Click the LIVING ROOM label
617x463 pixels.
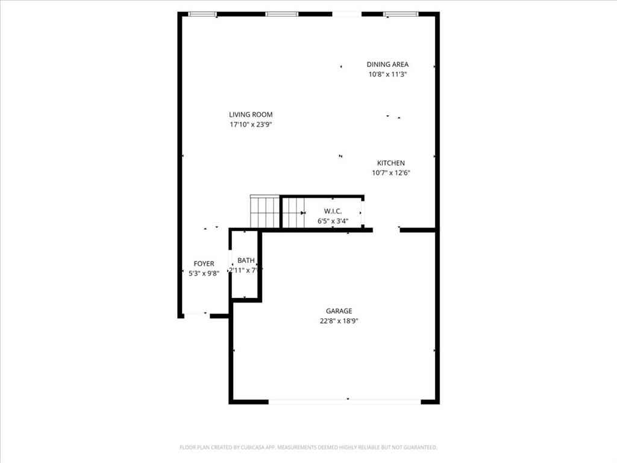251,115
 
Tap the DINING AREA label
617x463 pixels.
387,65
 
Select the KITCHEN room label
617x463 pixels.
391,163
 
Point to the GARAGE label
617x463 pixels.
339,311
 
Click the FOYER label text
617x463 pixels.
204,264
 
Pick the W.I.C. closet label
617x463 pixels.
333,211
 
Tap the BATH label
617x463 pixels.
246,260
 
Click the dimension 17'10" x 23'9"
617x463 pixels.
251,125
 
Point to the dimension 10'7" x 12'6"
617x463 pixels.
391,173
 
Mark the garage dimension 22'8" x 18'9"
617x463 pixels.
339,321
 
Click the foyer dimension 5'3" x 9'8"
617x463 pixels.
204,274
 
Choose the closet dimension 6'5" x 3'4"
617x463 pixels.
333,221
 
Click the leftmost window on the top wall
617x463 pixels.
202,14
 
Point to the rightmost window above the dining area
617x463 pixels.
401,14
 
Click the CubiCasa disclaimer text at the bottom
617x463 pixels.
308,447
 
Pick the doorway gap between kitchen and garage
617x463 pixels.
386,230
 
